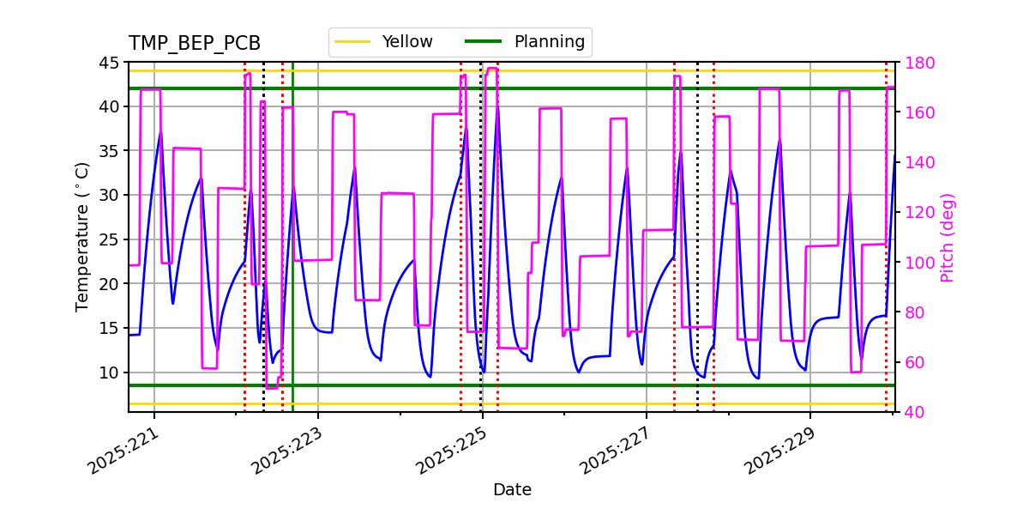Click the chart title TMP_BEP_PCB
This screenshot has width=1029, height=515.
(195, 44)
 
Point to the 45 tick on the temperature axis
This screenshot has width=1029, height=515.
(111, 63)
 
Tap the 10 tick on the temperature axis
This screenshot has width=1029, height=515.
(111, 373)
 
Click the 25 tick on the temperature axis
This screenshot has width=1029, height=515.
(111, 239)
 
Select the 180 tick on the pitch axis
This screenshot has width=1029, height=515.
(915, 63)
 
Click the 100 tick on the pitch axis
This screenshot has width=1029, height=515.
(915, 263)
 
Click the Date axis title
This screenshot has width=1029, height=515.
(512, 490)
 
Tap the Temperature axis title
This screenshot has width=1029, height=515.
(82, 237)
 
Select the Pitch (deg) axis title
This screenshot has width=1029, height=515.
(948, 237)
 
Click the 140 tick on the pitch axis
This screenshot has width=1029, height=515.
(915, 163)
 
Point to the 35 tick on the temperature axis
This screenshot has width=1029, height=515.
(111, 151)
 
